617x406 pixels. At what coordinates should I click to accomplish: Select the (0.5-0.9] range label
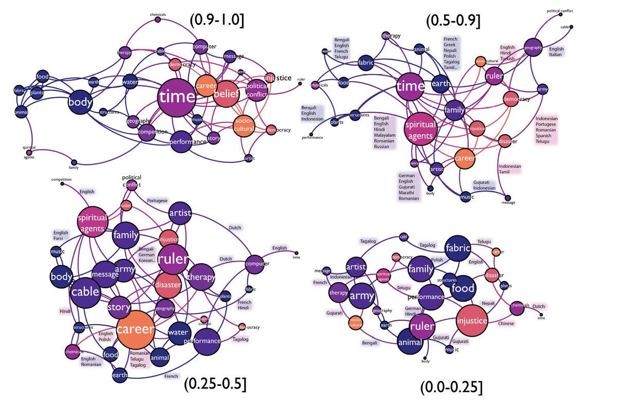(x=453, y=20)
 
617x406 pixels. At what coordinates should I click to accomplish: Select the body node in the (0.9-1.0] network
(x=80, y=102)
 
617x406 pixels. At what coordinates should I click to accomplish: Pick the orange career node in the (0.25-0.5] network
(x=136, y=329)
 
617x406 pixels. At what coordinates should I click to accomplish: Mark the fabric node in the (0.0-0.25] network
(x=458, y=248)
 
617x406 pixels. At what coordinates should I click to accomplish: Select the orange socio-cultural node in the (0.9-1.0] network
(x=244, y=125)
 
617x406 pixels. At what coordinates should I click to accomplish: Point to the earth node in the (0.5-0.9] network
(x=441, y=83)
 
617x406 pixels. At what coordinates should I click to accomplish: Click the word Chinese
(x=506, y=324)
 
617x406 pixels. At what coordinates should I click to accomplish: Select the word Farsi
(x=60, y=238)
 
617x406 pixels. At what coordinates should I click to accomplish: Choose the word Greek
(x=451, y=45)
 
